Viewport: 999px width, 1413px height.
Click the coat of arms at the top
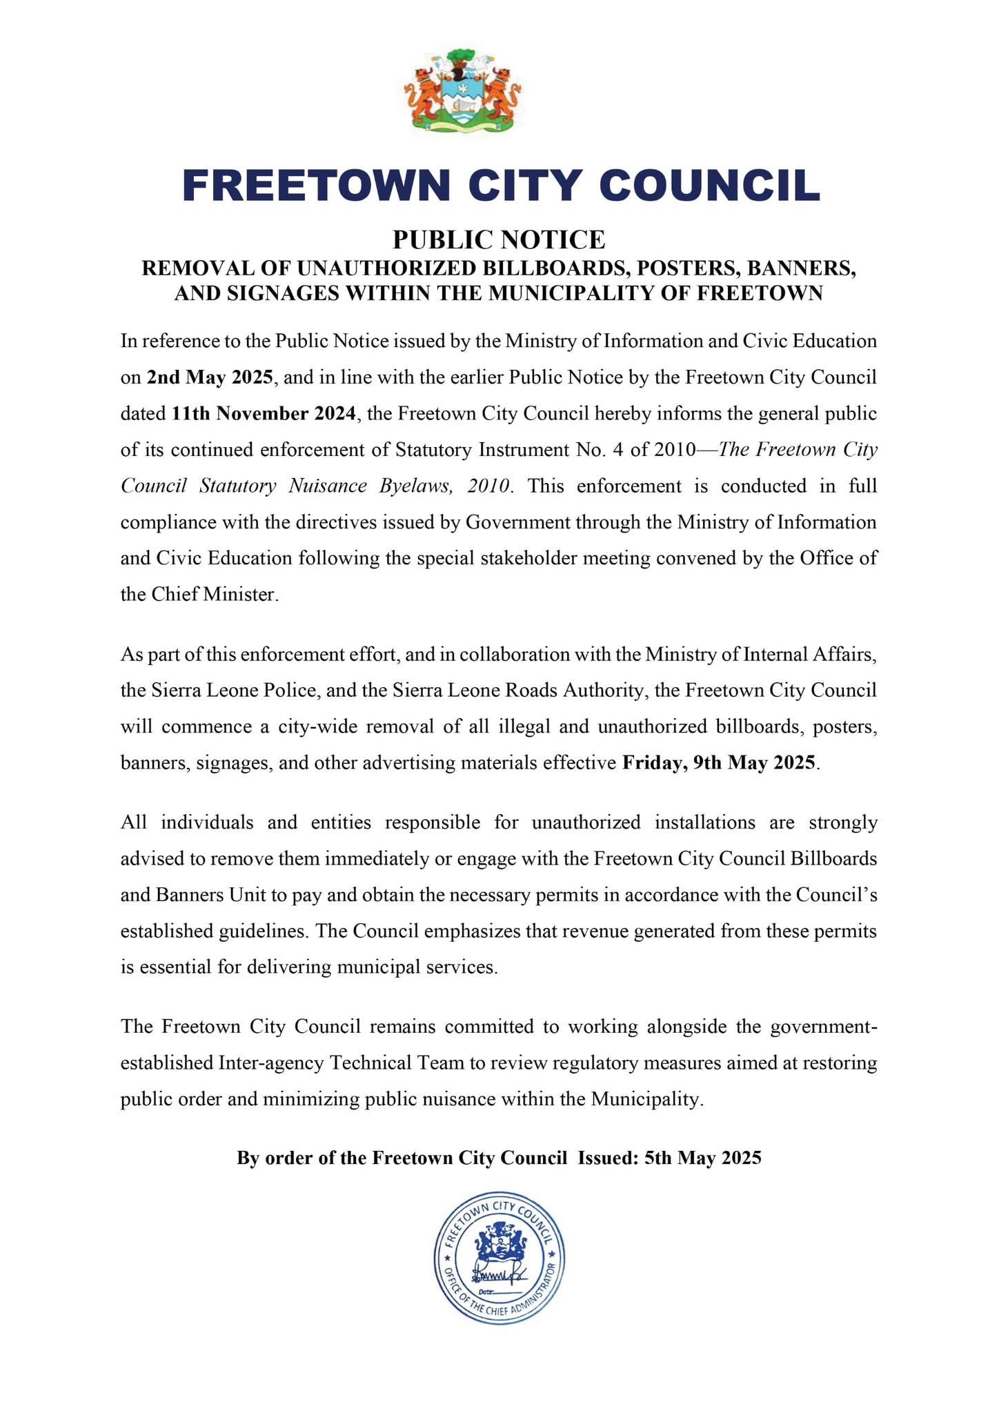462,91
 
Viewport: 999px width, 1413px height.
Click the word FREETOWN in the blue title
315,186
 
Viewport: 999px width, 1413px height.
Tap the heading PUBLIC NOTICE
499,239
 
